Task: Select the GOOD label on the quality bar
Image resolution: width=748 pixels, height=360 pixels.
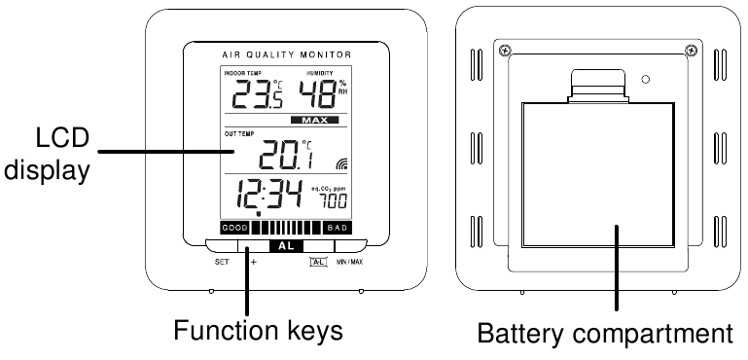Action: tap(236, 228)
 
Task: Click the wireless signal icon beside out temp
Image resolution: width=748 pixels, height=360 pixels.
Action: tap(340, 163)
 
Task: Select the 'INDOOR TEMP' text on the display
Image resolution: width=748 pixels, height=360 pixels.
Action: tap(243, 74)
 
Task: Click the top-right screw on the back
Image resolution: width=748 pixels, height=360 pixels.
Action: tap(690, 51)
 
